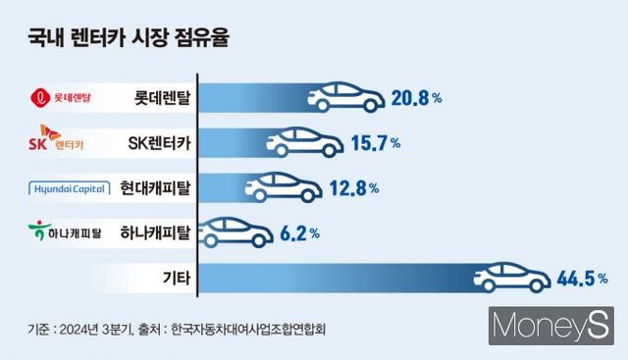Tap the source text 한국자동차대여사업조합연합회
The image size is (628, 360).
click(x=247, y=330)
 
